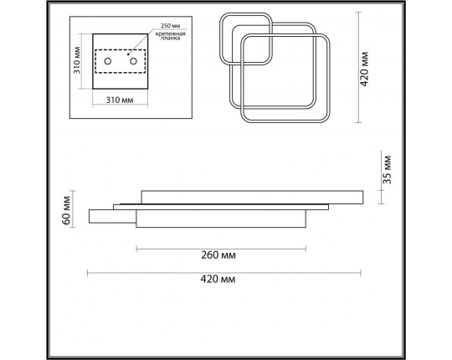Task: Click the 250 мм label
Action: [171, 26]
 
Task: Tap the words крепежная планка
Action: [171, 36]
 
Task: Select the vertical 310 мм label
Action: [77, 60]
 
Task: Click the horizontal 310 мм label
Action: [120, 100]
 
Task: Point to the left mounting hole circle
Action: [108, 61]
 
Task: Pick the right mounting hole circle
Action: [133, 61]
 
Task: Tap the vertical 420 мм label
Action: [365, 69]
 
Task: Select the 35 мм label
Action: [388, 170]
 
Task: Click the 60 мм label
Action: [66, 210]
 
